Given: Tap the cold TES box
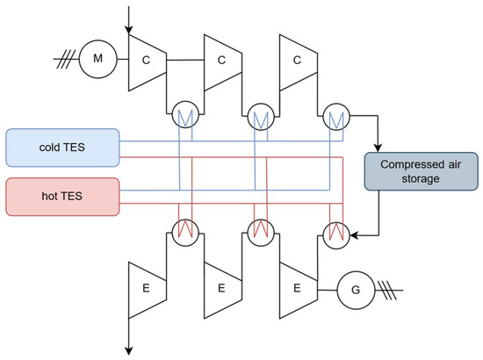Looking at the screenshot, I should click(62, 145).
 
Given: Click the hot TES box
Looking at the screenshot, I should click(62, 194).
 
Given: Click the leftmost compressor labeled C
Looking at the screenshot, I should click(146, 61).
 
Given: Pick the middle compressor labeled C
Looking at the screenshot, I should click(221, 61).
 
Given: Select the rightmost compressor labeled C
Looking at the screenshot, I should click(297, 61).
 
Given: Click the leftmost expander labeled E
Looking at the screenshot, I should click(146, 288).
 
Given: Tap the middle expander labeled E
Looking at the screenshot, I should click(221, 288).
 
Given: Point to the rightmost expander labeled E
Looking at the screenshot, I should click(297, 288).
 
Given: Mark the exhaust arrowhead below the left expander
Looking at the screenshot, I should click(129, 349).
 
